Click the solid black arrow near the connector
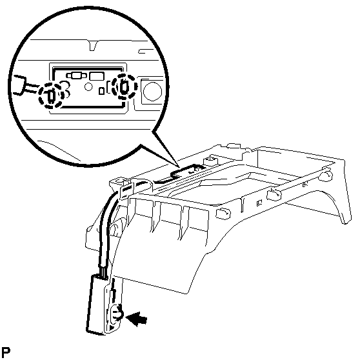point(137,319)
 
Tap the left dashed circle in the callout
point(52,95)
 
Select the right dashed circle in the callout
point(125,87)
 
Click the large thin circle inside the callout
point(152,91)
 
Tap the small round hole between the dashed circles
point(88,86)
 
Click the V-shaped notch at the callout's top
point(93,45)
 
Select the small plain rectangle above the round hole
point(97,76)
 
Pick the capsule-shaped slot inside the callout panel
point(76,75)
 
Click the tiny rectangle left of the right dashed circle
point(101,91)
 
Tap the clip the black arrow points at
point(117,312)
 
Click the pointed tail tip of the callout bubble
point(179,167)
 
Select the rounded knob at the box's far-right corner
point(326,175)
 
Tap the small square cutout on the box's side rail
point(259,203)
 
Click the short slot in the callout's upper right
point(146,51)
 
